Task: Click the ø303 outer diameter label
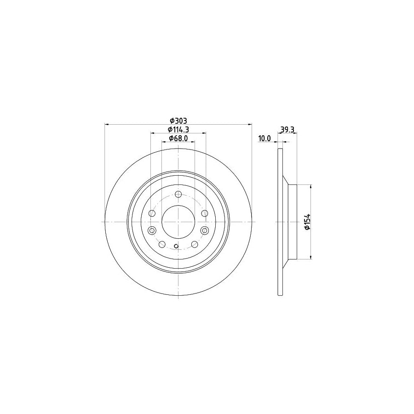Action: pyautogui.click(x=177, y=121)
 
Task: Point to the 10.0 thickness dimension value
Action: pyautogui.click(x=264, y=138)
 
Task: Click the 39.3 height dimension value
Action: pyautogui.click(x=287, y=130)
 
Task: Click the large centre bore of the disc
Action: pyautogui.click(x=178, y=221)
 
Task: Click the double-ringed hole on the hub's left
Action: pyautogui.click(x=153, y=230)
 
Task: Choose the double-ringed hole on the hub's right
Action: pyautogui.click(x=205, y=230)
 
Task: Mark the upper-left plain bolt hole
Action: pyautogui.click(x=152, y=213)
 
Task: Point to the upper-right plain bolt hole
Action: pyautogui.click(x=205, y=213)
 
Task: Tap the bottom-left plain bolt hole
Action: pyautogui.click(x=162, y=244)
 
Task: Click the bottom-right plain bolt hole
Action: pyautogui.click(x=195, y=244)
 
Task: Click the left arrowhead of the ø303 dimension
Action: pyautogui.click(x=107, y=124)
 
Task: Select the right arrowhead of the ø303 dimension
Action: pyautogui.click(x=250, y=124)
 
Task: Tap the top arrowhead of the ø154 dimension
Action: pyautogui.click(x=312, y=186)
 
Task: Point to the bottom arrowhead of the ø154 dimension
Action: pyautogui.click(x=312, y=257)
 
